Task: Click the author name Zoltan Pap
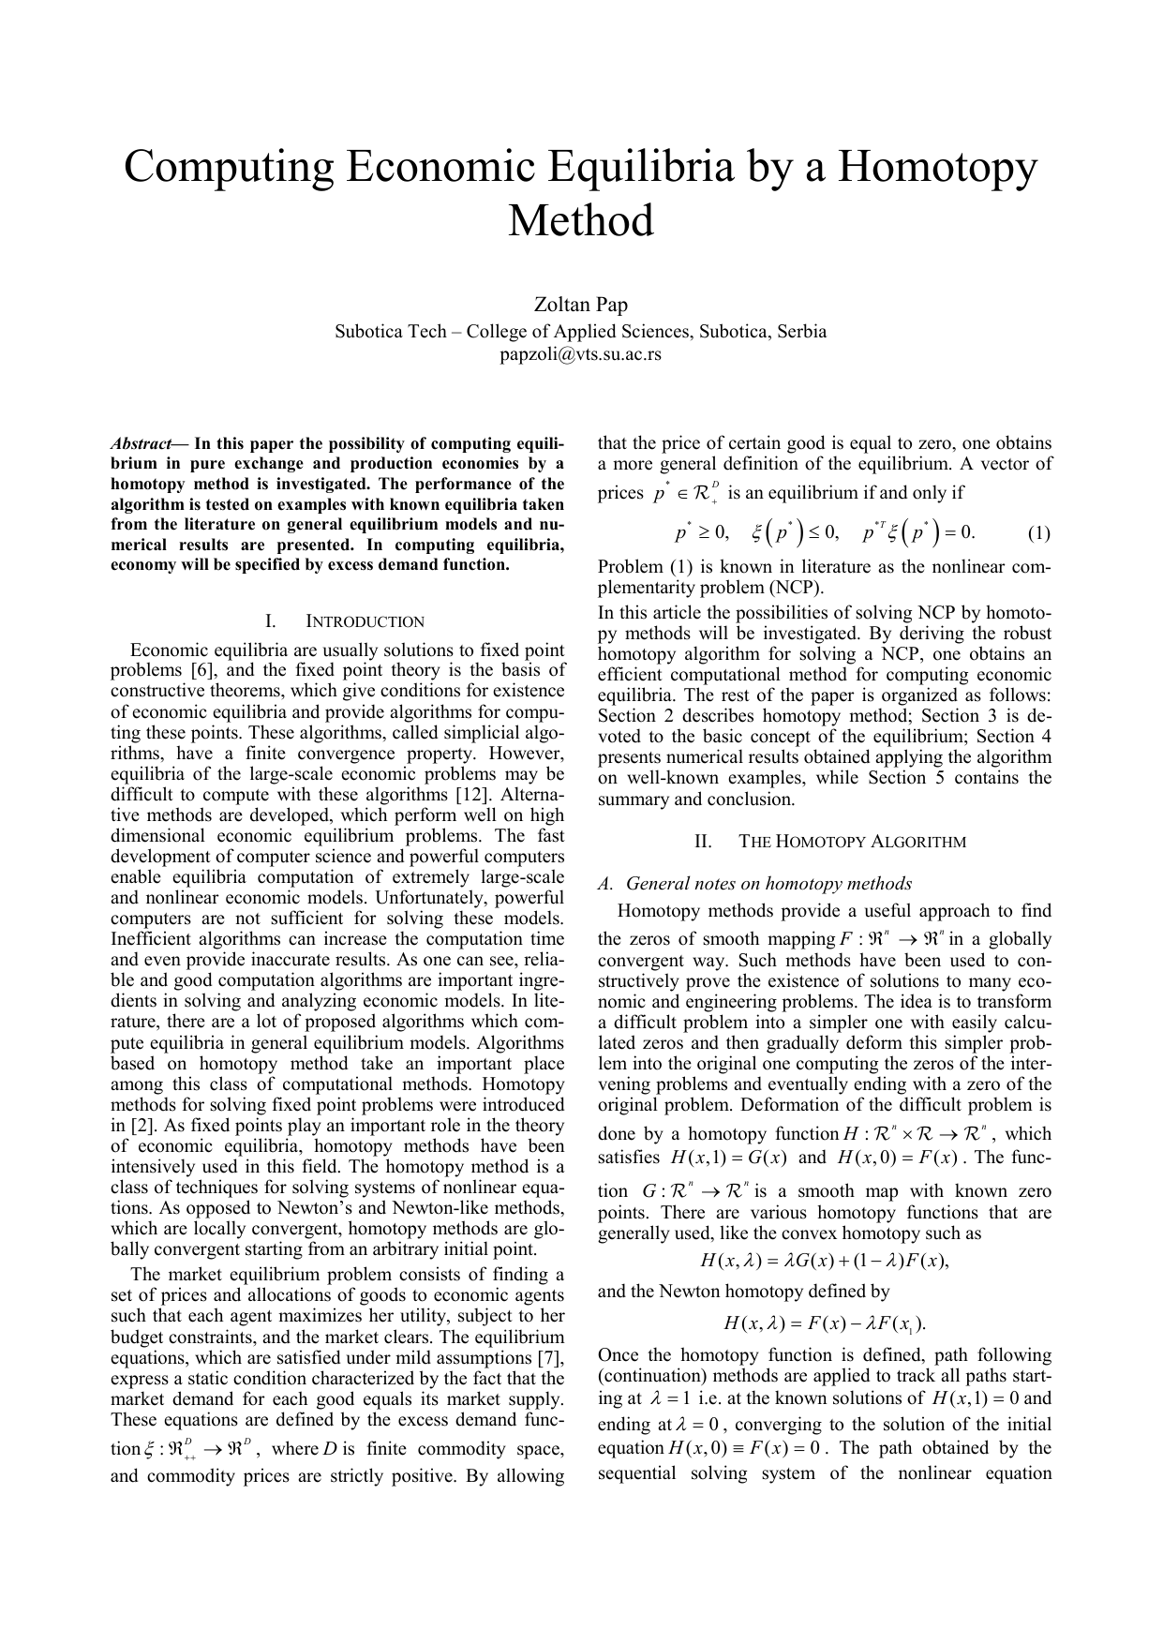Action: pyautogui.click(x=580, y=305)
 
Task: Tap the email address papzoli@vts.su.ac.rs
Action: pyautogui.click(x=580, y=354)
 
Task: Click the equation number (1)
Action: pyautogui.click(x=1038, y=533)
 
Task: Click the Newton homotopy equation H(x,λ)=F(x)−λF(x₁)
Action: pyautogui.click(x=825, y=1323)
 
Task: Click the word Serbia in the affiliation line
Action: pyautogui.click(x=800, y=331)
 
